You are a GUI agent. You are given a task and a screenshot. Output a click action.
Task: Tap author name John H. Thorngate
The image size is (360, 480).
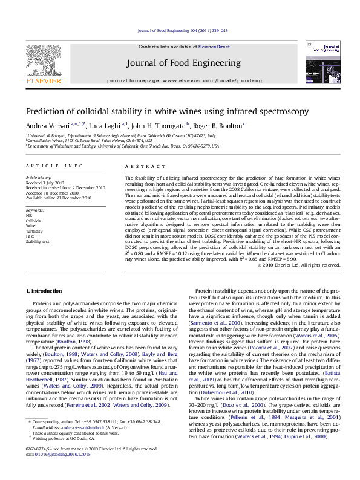(x=160, y=126)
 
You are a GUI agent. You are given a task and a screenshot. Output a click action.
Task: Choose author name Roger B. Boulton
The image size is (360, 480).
(x=218, y=126)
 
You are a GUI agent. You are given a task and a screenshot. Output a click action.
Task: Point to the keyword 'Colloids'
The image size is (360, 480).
(x=33, y=221)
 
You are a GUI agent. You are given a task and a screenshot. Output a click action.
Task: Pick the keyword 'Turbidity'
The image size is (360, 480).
(x=34, y=231)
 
